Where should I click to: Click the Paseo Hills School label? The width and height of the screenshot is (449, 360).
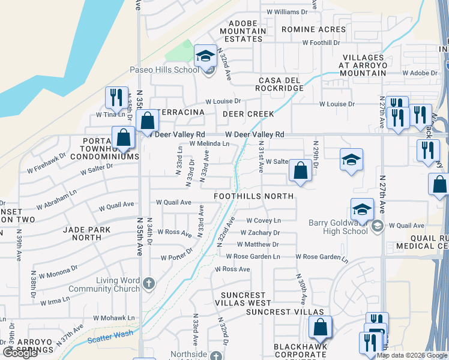pyautogui.click(x=164, y=70)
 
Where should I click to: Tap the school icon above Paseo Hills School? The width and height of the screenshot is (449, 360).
pyautogui.click(x=205, y=56)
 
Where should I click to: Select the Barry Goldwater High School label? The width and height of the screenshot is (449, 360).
pyautogui.click(x=339, y=227)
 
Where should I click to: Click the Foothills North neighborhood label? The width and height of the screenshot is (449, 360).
pyautogui.click(x=254, y=196)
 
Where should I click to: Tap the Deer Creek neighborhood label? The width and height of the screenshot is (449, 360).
pyautogui.click(x=248, y=114)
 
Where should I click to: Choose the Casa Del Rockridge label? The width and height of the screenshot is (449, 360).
pyautogui.click(x=281, y=84)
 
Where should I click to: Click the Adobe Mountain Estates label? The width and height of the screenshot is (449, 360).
pyautogui.click(x=243, y=31)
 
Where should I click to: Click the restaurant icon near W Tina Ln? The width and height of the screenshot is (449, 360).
pyautogui.click(x=115, y=97)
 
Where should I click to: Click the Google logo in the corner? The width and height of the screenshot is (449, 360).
pyautogui.click(x=20, y=353)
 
